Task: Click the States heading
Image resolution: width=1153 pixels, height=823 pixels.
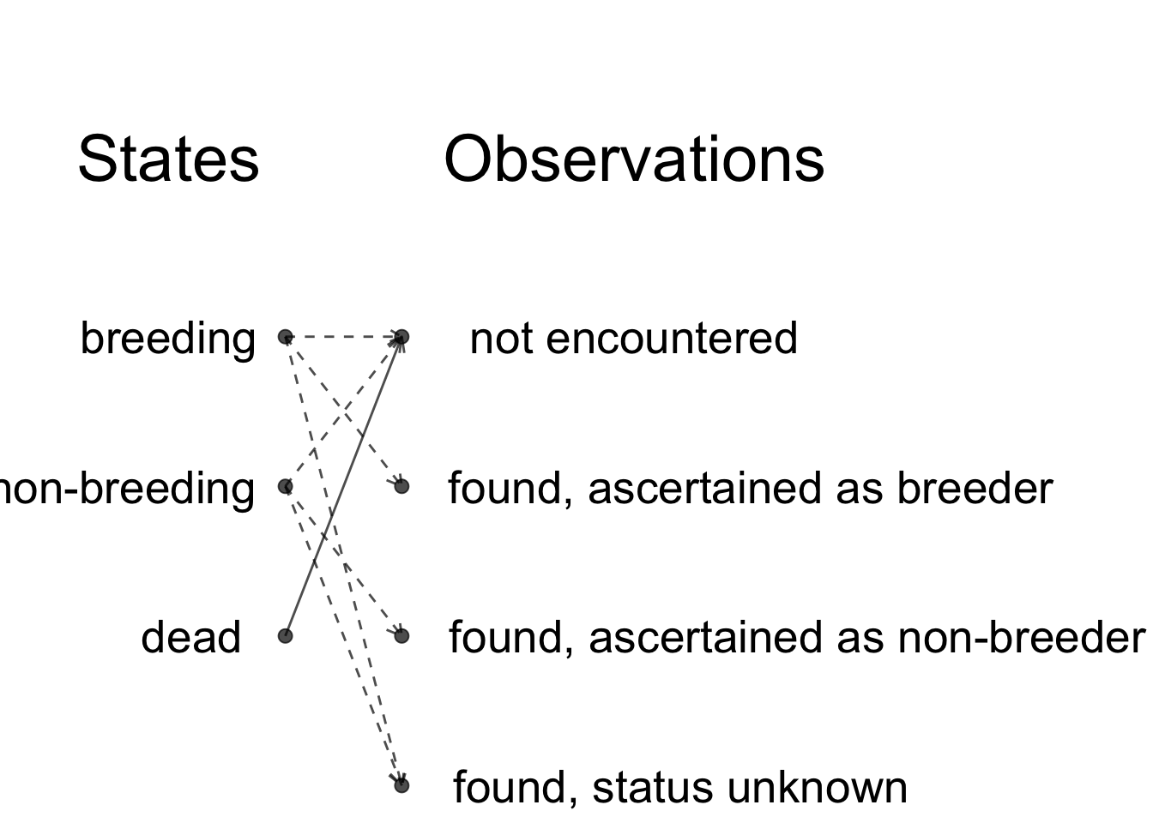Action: click(x=168, y=159)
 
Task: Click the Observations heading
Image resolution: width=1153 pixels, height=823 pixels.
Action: click(x=634, y=159)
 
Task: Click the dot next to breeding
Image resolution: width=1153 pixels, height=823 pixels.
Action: click(x=285, y=337)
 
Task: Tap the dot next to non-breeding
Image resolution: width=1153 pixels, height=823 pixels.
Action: click(x=285, y=486)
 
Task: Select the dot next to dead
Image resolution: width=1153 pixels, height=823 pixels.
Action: click(x=285, y=636)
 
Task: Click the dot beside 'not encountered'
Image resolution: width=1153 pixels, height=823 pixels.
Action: click(x=401, y=337)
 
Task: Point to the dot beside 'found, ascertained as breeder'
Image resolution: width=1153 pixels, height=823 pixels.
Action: click(x=401, y=486)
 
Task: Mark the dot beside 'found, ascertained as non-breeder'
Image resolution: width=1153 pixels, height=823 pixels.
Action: click(x=401, y=636)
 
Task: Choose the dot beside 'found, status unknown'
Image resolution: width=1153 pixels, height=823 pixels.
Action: click(x=401, y=785)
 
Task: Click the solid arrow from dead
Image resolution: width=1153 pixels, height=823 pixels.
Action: click(x=343, y=487)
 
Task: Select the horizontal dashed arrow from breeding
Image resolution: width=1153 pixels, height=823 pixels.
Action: click(x=343, y=337)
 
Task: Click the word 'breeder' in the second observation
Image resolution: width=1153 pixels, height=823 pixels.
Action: click(x=975, y=489)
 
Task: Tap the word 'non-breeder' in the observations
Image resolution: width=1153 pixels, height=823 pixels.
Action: click(x=1021, y=638)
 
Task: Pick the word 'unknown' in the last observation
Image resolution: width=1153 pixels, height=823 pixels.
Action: click(x=817, y=788)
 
